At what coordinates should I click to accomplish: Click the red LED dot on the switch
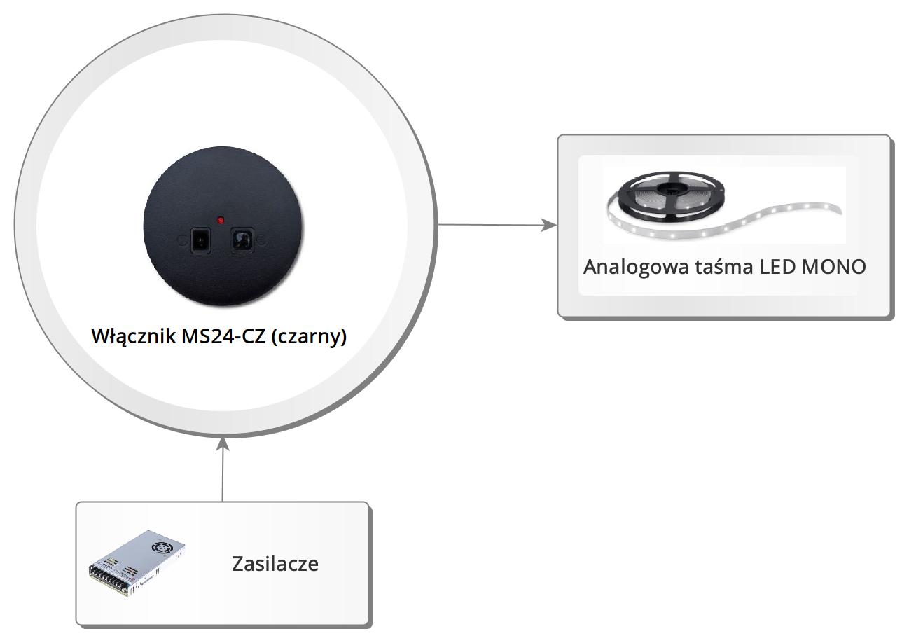221,221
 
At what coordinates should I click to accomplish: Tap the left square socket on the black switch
200,240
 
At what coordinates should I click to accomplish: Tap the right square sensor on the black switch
242,240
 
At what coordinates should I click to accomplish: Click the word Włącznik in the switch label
134,336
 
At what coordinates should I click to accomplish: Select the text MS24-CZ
223,336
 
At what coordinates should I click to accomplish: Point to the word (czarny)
309,337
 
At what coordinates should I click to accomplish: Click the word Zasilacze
275,564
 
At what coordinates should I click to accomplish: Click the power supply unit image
137,563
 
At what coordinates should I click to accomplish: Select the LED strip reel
672,195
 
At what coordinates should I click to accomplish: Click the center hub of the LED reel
672,188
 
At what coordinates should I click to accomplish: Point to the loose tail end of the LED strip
835,209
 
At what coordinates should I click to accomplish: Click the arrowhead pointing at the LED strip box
550,225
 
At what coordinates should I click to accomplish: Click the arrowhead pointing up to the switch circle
223,444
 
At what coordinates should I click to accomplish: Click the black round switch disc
223,226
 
